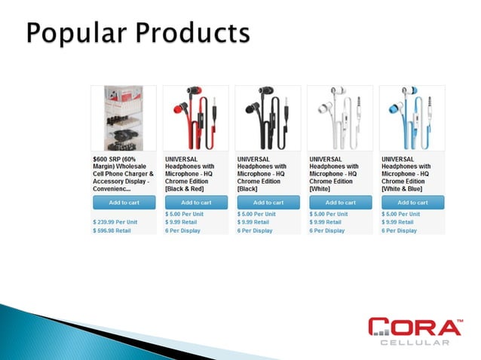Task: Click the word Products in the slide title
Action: pyautogui.click(x=191, y=35)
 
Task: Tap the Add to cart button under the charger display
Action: pyautogui.click(x=124, y=202)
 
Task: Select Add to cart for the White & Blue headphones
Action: pyautogui.click(x=412, y=202)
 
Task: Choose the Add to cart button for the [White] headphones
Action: pyautogui.click(x=340, y=202)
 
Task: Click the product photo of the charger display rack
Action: pyautogui.click(x=124, y=118)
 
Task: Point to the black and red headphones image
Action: pyautogui.click(x=195, y=118)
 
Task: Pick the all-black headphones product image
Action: pyautogui.click(x=268, y=118)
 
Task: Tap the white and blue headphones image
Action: pyautogui.click(x=412, y=118)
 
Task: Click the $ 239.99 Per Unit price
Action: pyautogui.click(x=115, y=222)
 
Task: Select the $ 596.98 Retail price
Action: pyautogui.click(x=112, y=230)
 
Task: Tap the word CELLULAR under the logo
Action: pyautogui.click(x=415, y=343)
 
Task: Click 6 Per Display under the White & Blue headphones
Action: pyautogui.click(x=400, y=230)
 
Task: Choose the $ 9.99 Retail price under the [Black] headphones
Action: pyautogui.click(x=253, y=222)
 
